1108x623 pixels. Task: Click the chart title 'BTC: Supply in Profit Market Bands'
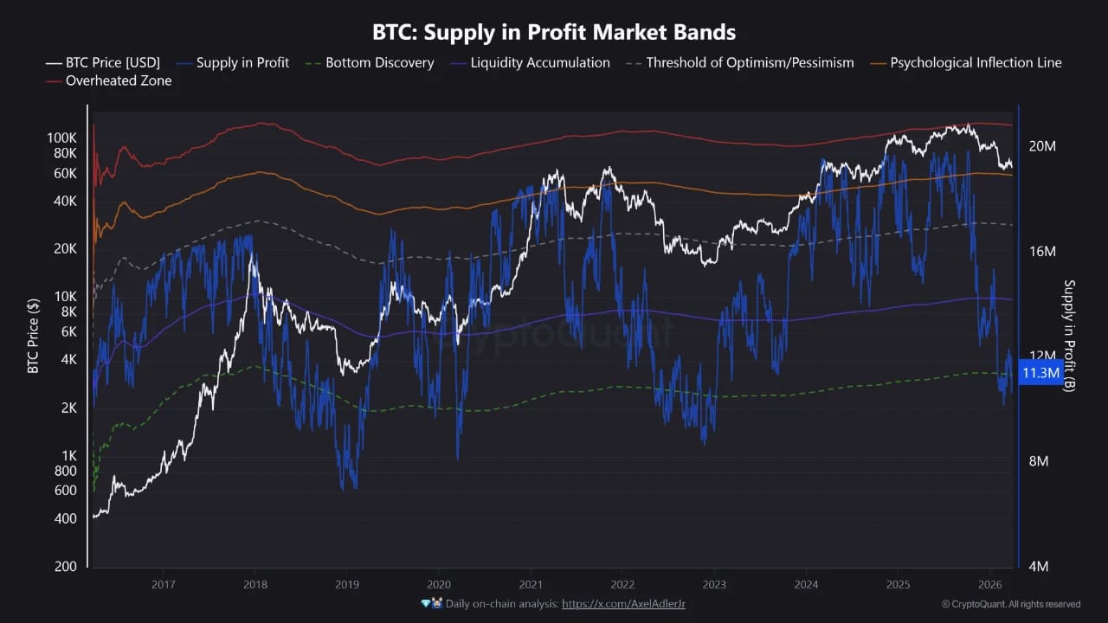point(554,33)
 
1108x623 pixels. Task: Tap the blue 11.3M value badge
point(1040,373)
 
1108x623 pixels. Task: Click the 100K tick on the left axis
point(62,138)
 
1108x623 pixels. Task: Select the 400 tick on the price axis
point(66,518)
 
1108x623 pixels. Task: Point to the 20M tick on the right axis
point(1041,146)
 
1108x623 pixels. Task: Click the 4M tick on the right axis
point(1038,567)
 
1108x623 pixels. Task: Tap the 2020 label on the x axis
point(439,585)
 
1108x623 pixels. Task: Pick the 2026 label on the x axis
point(989,585)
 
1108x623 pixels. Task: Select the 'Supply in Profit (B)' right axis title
point(1069,336)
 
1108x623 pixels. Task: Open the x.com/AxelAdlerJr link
point(623,603)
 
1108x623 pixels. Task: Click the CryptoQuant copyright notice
point(1011,604)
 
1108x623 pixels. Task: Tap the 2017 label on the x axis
point(163,585)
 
